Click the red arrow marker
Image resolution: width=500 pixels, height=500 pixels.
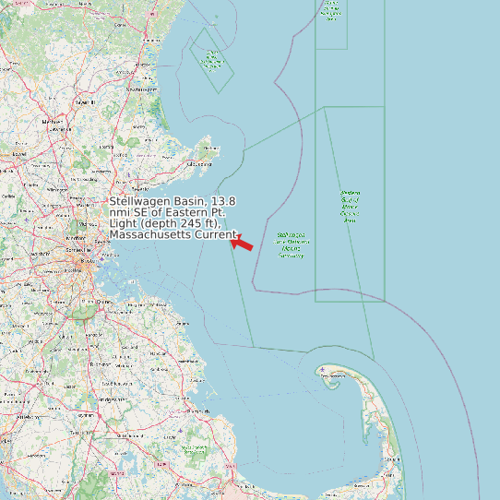(x=242, y=244)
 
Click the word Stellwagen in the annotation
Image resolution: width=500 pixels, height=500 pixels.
(x=138, y=201)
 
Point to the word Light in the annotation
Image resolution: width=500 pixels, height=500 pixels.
(x=123, y=223)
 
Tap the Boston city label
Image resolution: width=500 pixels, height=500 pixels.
(x=89, y=261)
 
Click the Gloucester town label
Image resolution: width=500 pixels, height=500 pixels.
(x=198, y=164)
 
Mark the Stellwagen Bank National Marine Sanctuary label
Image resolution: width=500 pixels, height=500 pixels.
(x=292, y=244)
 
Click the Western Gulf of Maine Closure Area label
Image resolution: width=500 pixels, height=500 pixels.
(x=350, y=207)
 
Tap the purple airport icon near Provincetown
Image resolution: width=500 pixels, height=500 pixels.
(x=324, y=371)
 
